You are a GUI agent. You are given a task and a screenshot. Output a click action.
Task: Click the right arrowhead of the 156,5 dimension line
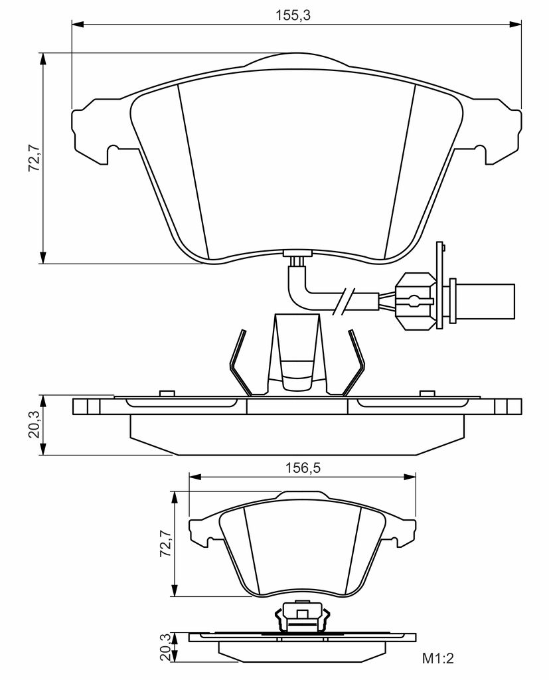[x=410, y=477]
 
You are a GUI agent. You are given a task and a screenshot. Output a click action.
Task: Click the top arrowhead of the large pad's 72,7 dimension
[x=42, y=59]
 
